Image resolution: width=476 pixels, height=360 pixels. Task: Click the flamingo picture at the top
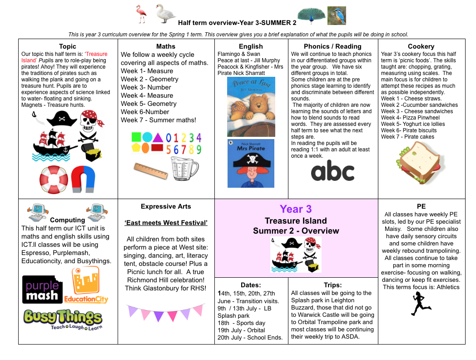coord(142,14)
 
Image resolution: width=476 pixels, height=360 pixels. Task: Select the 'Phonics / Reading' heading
coord(332,46)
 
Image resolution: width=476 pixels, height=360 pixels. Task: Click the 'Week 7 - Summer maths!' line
coord(159,120)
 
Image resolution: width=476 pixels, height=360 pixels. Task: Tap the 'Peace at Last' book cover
coord(251,107)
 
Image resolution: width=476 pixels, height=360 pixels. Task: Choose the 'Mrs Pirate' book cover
coord(251,163)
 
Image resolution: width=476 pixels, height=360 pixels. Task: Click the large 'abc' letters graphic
coord(332,172)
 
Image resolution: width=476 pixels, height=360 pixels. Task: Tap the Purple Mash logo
coord(43,289)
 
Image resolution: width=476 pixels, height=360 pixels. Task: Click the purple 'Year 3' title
coord(296,209)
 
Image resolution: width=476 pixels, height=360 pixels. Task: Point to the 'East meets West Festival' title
coord(166,223)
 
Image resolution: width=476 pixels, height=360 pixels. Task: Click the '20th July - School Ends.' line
coord(250,337)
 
